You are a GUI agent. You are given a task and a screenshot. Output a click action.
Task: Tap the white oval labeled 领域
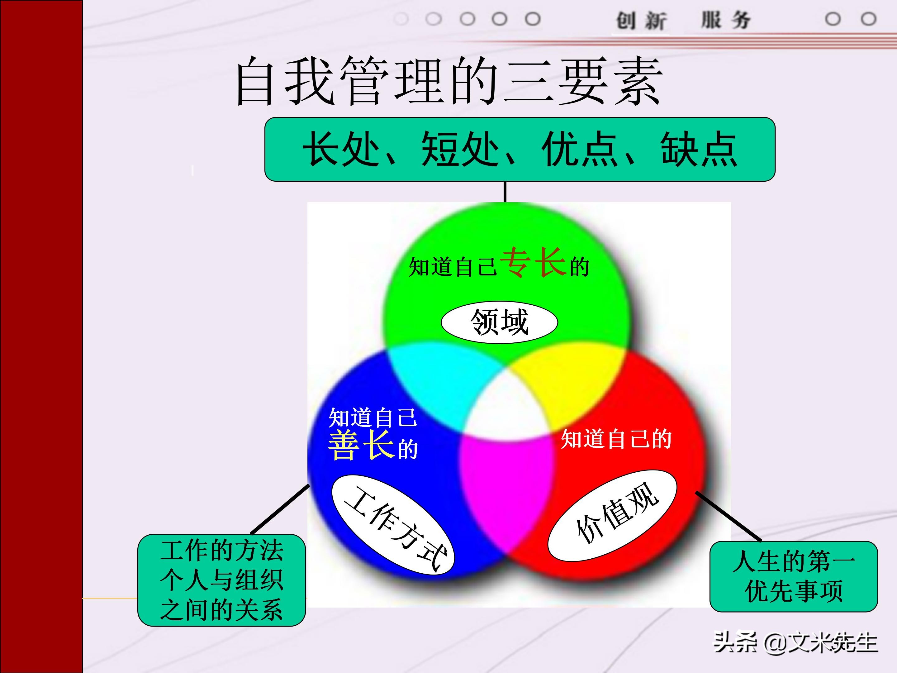pos(499,322)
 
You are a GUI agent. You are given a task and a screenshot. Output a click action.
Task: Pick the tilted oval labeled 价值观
pos(612,516)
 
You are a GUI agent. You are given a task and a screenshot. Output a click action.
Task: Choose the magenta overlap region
pos(507,487)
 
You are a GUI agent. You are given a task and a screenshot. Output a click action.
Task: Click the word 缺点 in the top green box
pos(698,149)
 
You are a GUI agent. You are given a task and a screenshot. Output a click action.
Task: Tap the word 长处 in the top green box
pos(341,149)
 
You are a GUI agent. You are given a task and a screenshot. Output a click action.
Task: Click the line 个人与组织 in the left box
pos(221,580)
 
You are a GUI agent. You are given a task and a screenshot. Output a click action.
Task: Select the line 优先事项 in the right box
pos(794,591)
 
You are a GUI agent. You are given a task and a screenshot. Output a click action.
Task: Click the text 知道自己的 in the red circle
pos(616,439)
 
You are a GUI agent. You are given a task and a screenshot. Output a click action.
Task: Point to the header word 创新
pos(641,20)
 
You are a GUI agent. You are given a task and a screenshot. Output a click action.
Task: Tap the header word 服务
pos(726,20)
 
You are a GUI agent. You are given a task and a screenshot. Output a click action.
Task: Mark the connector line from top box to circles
pos(505,192)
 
